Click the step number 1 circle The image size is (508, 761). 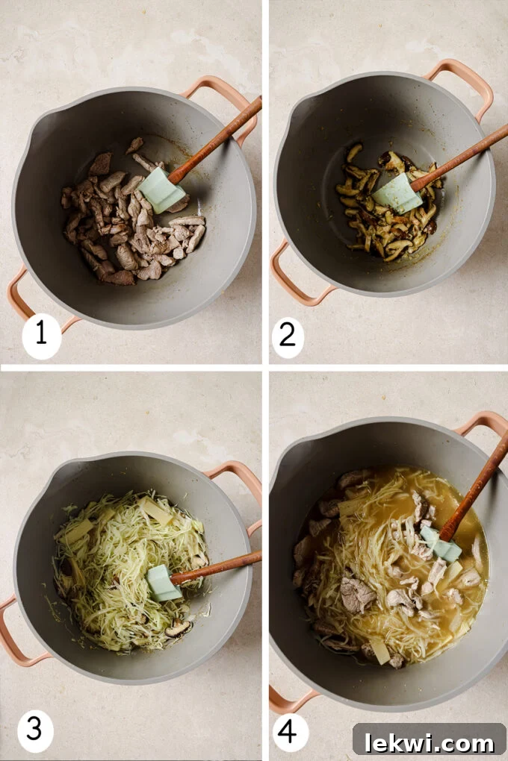coord(41,333)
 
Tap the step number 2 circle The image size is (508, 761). coord(288,337)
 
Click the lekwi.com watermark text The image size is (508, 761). coord(429,742)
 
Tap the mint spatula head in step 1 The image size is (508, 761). coord(161,191)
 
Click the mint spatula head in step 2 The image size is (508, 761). coord(397,193)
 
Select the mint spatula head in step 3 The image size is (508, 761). coord(163,583)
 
